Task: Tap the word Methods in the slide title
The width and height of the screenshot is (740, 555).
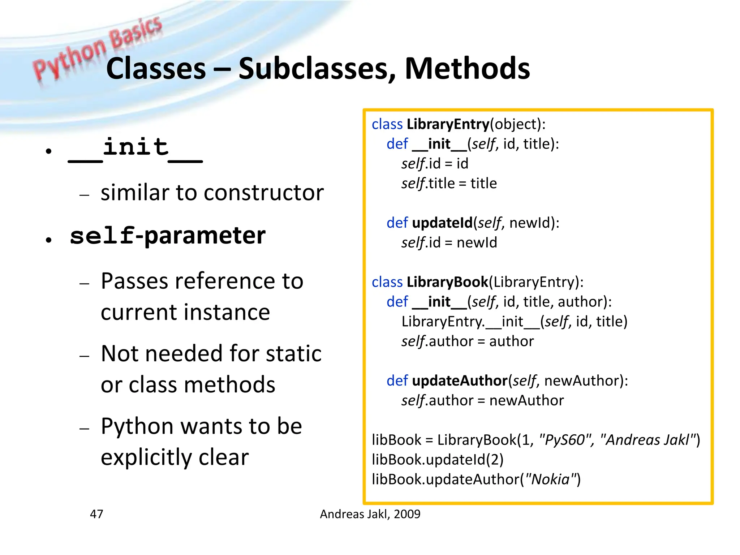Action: pos(467,69)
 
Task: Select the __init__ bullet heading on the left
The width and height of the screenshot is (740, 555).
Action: pos(135,148)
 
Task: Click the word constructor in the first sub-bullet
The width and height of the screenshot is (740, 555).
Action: pos(264,193)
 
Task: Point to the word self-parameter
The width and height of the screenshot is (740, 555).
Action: pos(168,236)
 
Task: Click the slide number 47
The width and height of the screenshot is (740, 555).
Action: pos(96,514)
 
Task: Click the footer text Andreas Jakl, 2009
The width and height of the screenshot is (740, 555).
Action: pos(370,514)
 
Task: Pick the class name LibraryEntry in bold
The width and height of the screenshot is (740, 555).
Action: pos(448,124)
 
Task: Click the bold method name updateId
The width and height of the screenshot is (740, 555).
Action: pos(442,223)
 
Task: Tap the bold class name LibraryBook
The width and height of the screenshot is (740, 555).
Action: pos(447,282)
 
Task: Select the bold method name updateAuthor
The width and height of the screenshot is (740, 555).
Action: pos(459,381)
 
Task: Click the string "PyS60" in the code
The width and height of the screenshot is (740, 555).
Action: pos(565,440)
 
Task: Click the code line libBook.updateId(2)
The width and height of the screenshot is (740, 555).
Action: pos(438,460)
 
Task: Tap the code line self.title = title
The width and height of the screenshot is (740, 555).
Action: pos(449,184)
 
